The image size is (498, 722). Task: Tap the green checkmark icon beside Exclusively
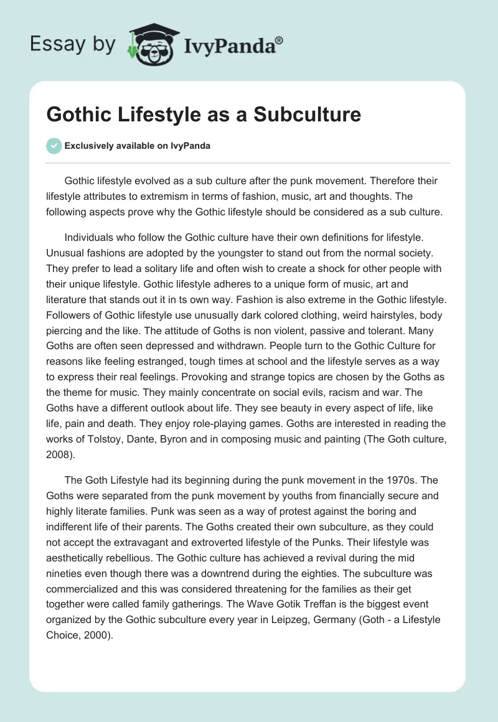coord(54,146)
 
